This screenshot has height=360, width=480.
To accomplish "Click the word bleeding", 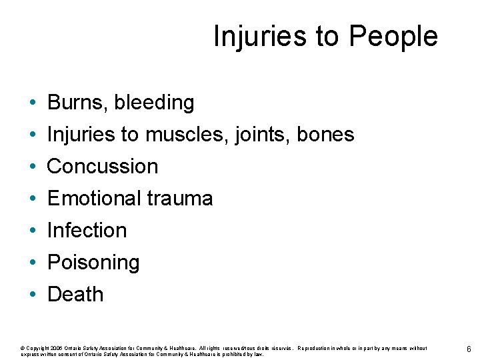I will (154, 103).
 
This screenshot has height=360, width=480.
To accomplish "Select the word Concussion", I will (103, 166).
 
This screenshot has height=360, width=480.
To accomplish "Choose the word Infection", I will (87, 230).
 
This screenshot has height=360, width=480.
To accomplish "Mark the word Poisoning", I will (93, 263).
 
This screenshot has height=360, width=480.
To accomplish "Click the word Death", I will (75, 294).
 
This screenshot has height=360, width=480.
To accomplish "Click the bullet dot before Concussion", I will (32, 167).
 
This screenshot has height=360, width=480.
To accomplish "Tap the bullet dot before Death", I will (32, 295).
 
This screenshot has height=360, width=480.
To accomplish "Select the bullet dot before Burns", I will (32, 103).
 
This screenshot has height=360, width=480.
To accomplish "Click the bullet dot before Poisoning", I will (32, 263).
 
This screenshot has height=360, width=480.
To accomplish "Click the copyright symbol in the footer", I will (23, 348).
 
